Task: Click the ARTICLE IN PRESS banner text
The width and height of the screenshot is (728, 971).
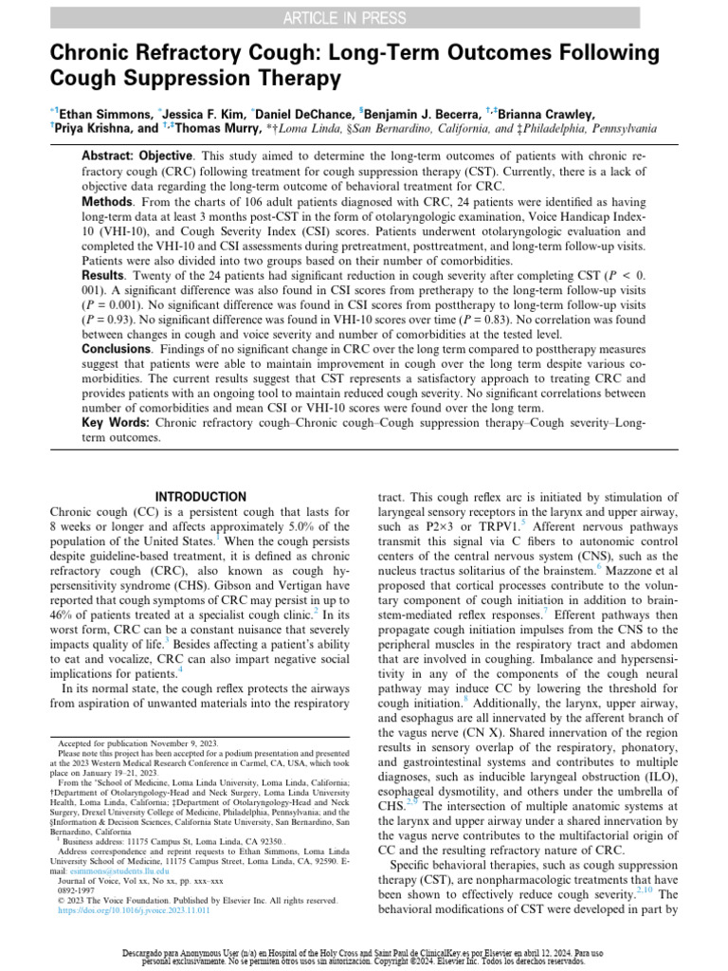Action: [364, 16]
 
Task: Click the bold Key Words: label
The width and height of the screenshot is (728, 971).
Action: [119, 423]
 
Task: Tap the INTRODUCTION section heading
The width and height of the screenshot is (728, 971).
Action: [199, 497]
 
